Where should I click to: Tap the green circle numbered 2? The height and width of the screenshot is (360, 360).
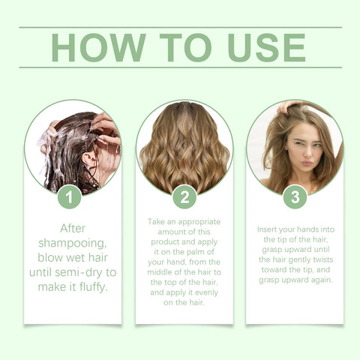tap(184, 198)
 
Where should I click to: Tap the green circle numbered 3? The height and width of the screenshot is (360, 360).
tap(295, 198)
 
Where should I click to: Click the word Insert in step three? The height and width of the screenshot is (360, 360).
tap(272, 228)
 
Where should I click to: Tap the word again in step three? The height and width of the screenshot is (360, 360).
tap(321, 280)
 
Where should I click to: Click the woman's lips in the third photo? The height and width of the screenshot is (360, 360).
tap(303, 163)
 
